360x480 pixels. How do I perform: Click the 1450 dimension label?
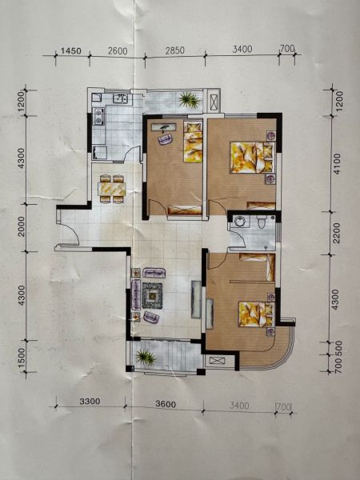(70, 50)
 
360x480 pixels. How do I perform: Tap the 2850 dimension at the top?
(174, 50)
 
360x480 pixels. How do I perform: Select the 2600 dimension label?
(118, 50)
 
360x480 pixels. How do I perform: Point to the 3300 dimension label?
(90, 401)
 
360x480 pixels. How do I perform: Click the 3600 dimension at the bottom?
(166, 404)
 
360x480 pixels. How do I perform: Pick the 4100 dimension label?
(336, 164)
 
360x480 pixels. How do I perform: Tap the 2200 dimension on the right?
(336, 233)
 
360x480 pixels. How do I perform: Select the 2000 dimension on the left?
(22, 226)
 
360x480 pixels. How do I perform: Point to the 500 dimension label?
(337, 348)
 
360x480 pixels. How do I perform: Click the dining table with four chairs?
(112, 189)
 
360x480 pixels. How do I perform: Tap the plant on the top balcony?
(189, 100)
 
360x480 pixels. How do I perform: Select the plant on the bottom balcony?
(146, 358)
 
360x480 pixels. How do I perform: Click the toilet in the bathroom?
(261, 221)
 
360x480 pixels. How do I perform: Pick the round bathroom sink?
(238, 221)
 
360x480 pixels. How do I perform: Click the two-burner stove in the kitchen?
(98, 116)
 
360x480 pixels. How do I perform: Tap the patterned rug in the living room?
(152, 295)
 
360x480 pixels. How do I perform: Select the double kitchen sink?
(120, 98)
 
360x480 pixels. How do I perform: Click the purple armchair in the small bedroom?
(166, 139)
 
